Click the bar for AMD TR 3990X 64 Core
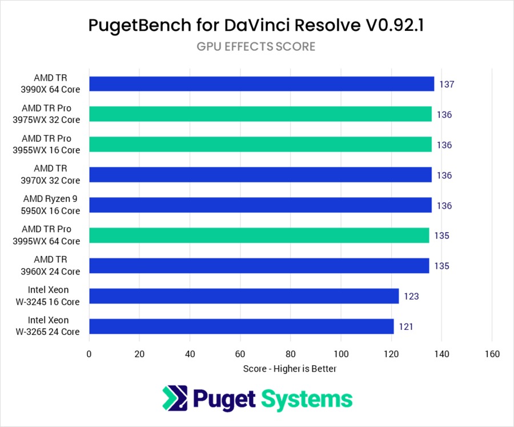pyautogui.click(x=262, y=84)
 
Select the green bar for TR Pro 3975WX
pyautogui.click(x=260, y=114)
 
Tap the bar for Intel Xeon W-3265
pyautogui.click(x=242, y=326)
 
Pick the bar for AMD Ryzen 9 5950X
pyautogui.click(x=260, y=205)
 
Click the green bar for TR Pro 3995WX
pyautogui.click(x=259, y=236)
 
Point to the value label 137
pyautogui.click(x=446, y=85)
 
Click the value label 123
pyautogui.click(x=411, y=296)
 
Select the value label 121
pyautogui.click(x=406, y=327)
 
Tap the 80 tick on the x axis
pyautogui.click(x=291, y=354)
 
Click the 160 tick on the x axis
pyautogui.click(x=492, y=354)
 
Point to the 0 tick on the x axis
pyautogui.click(x=89, y=354)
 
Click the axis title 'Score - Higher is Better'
pyautogui.click(x=290, y=369)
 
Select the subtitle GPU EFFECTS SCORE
pyautogui.click(x=256, y=47)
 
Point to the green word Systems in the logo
pyautogui.click(x=307, y=398)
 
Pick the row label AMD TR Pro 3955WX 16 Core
pyautogui.click(x=51, y=145)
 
